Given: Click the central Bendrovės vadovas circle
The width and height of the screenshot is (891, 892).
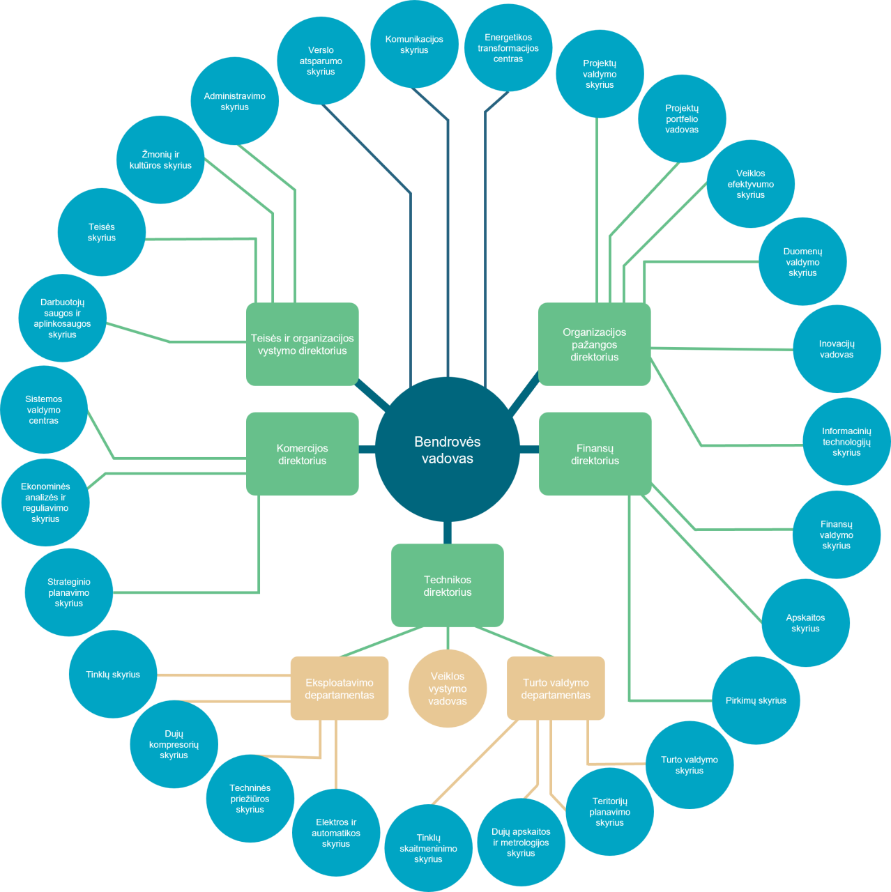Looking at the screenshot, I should (x=448, y=449).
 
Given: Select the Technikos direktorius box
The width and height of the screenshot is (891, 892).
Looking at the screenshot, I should (x=448, y=585).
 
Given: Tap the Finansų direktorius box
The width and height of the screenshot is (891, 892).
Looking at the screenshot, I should (x=595, y=454).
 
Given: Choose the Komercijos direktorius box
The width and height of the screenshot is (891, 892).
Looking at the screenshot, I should (x=303, y=454).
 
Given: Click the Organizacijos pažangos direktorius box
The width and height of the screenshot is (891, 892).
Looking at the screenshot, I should (x=595, y=344).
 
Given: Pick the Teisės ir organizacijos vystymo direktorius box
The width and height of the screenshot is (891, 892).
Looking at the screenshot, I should (x=303, y=344).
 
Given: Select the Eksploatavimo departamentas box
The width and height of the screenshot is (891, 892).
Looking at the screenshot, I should (x=340, y=689).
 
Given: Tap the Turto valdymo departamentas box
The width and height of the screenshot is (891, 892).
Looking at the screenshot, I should (x=556, y=689).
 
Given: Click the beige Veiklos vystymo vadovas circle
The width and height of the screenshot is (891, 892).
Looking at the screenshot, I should (x=448, y=689).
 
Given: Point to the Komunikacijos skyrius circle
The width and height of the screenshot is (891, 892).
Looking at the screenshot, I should (x=414, y=45).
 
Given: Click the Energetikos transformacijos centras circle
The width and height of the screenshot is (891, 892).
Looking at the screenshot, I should (x=508, y=47).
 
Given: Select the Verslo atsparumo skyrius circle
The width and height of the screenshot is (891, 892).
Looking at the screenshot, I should (x=321, y=61).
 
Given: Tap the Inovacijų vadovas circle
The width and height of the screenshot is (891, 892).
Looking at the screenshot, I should (x=837, y=349).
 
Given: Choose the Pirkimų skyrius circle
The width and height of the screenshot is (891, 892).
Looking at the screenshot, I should (x=756, y=700).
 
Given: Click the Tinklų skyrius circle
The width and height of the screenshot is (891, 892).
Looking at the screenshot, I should (x=113, y=674).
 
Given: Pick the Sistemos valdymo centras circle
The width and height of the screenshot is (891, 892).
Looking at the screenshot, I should (x=44, y=410).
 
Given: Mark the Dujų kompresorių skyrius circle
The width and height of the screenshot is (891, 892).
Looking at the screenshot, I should (x=174, y=744).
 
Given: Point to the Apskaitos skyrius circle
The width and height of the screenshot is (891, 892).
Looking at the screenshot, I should (x=805, y=623).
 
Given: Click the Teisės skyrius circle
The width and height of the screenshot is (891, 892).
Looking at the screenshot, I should (x=102, y=232).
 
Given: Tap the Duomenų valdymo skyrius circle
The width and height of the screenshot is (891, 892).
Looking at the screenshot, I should (x=802, y=262).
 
